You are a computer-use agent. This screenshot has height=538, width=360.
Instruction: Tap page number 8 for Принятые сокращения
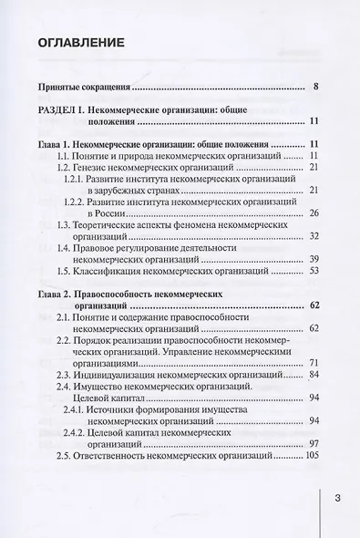pos(314,88)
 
